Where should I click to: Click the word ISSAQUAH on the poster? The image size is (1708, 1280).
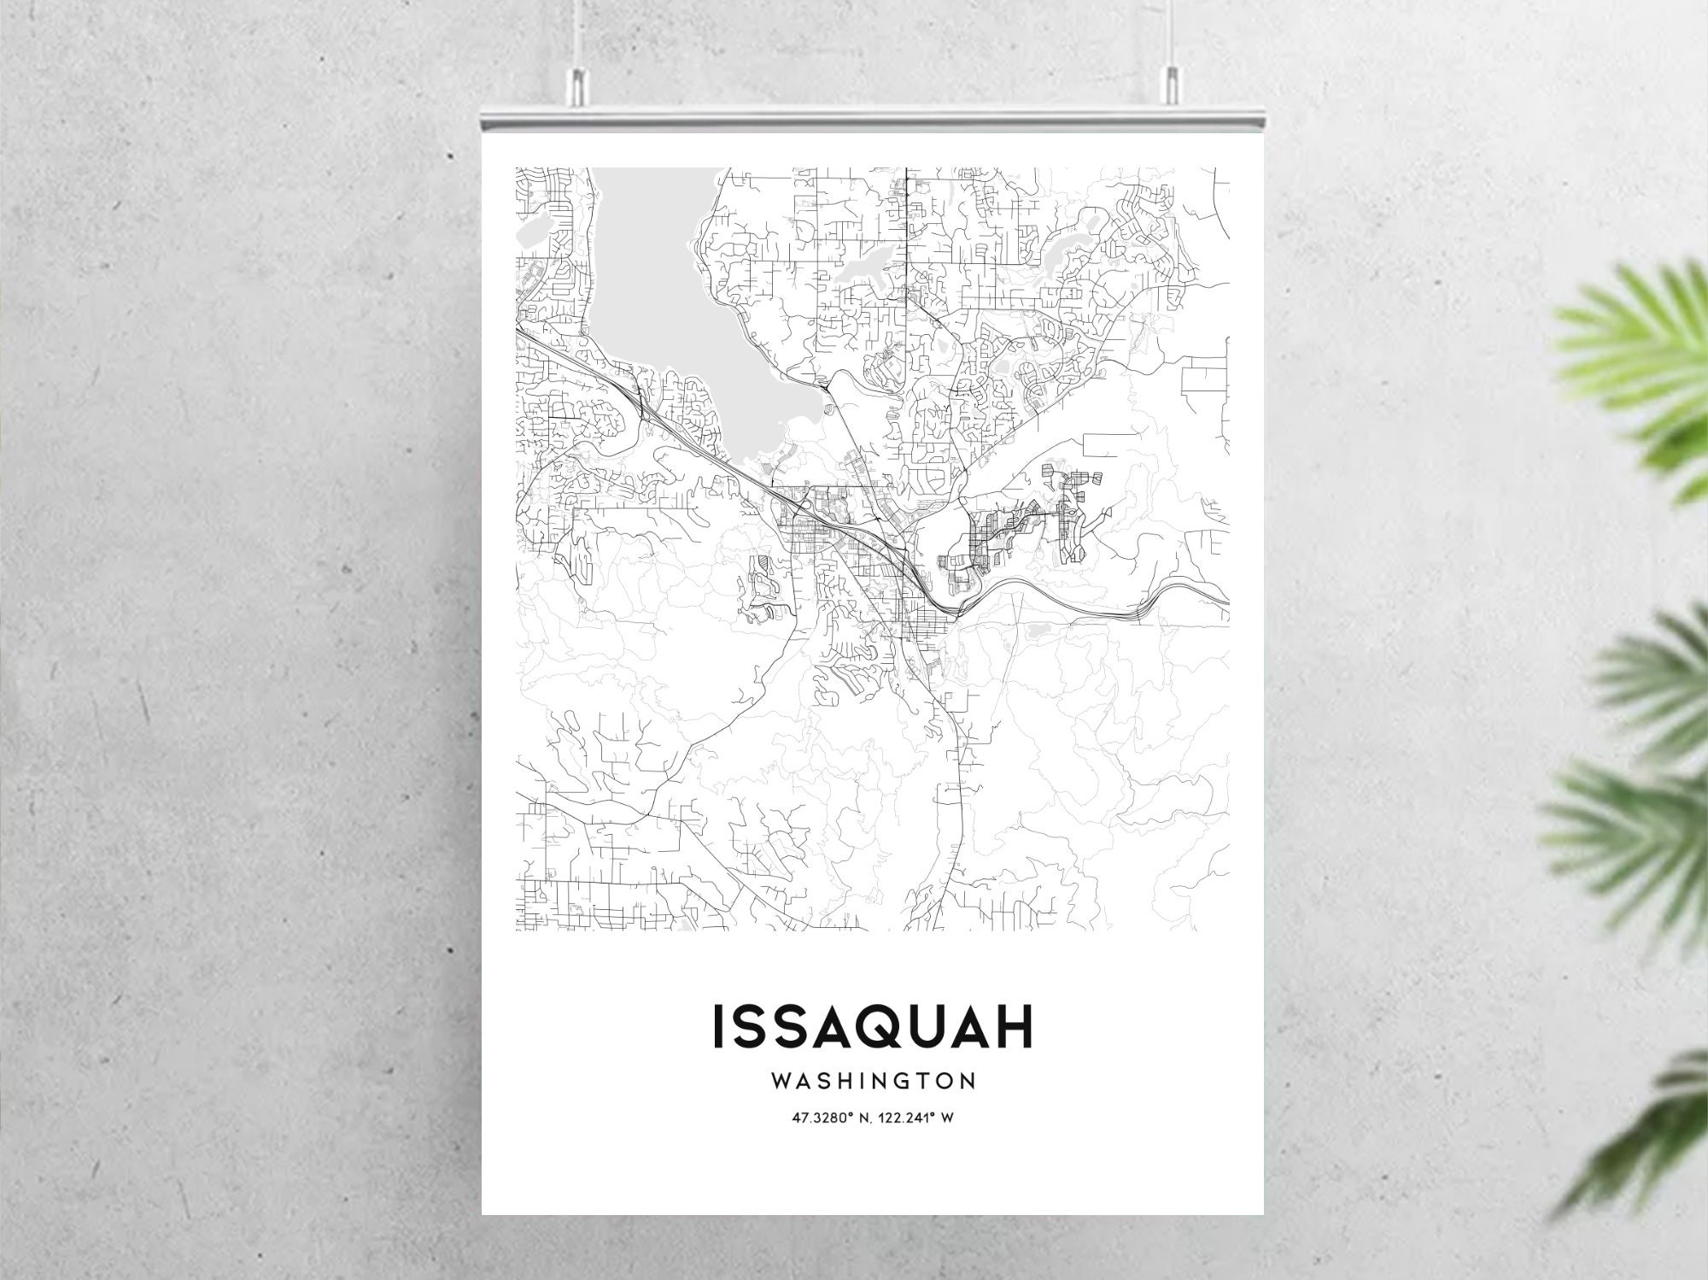coord(872,1028)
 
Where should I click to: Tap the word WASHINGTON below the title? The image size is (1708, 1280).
coord(873,1082)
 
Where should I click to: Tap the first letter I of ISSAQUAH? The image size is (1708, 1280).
coord(718,1028)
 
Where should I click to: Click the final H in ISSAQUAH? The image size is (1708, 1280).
coord(1015,1028)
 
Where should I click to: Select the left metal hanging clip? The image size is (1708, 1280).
coord(579,81)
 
